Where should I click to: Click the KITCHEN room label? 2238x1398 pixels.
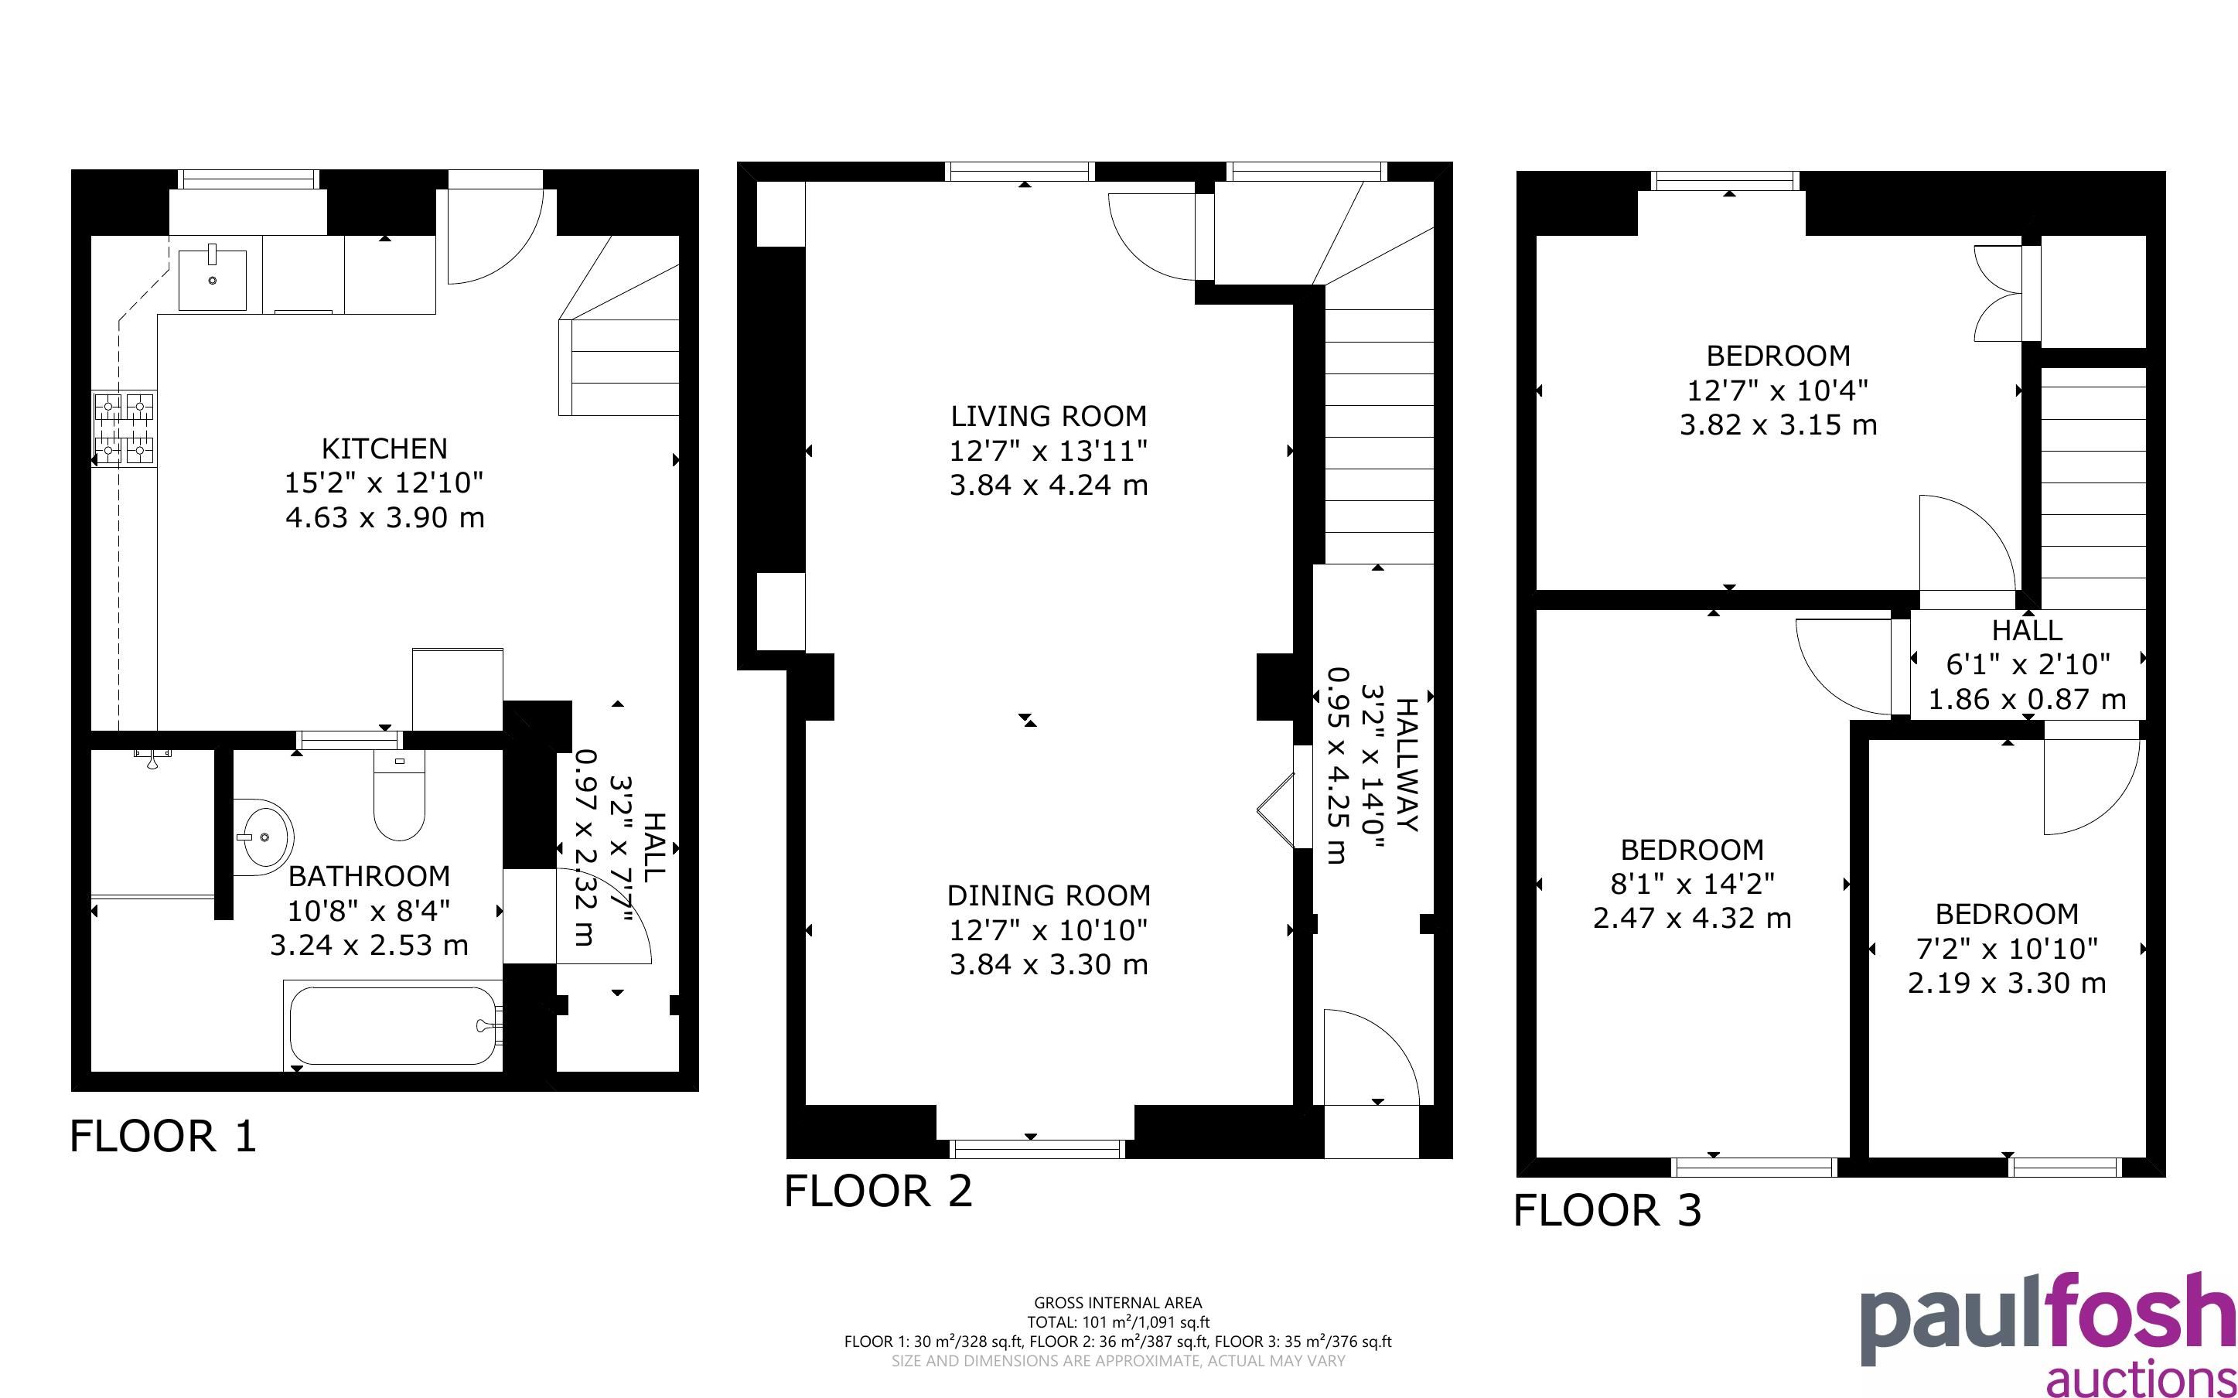click(x=384, y=448)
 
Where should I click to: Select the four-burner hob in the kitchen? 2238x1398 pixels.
click(x=124, y=428)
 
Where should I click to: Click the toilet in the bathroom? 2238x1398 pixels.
click(x=399, y=795)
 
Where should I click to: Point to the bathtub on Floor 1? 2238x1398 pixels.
click(x=394, y=1026)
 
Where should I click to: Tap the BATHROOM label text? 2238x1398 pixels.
click(x=369, y=875)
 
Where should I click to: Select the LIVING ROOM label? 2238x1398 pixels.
click(x=1049, y=416)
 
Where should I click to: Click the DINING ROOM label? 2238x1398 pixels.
click(x=1049, y=895)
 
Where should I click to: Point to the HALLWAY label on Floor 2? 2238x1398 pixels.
click(x=1405, y=765)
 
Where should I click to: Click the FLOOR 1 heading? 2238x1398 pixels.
click(x=162, y=1135)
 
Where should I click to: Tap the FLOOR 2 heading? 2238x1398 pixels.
click(x=878, y=1191)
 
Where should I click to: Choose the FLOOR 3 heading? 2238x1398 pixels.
click(x=1607, y=1210)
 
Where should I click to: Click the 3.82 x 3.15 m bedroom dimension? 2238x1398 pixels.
click(x=1778, y=425)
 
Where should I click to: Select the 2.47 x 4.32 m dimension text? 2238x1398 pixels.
click(x=1692, y=918)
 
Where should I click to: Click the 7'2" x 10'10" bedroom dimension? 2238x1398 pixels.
click(x=2006, y=949)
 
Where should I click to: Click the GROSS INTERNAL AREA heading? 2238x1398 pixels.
click(x=1117, y=1304)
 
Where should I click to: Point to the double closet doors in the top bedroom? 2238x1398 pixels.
click(x=1998, y=293)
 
